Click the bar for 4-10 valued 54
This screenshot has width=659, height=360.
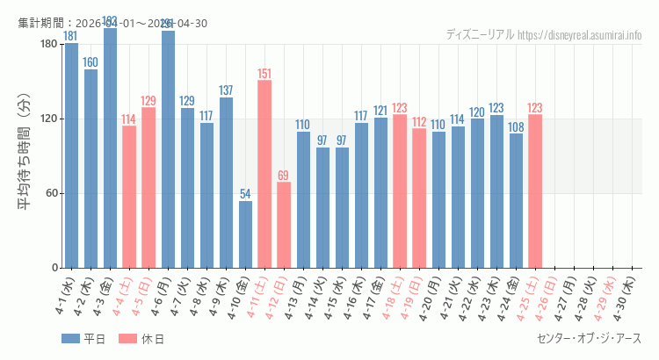[x=245, y=234]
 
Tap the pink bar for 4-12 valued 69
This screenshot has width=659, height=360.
[x=284, y=225]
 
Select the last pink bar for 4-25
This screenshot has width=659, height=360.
[x=534, y=191]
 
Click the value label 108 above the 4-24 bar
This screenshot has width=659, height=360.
[x=516, y=126]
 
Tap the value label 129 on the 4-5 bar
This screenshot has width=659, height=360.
[x=148, y=100]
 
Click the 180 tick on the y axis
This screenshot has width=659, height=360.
[x=48, y=44]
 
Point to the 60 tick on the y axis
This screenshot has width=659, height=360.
[x=51, y=193]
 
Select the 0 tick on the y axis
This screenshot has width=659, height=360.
[x=54, y=268]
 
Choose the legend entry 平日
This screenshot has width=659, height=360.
[x=83, y=339]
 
